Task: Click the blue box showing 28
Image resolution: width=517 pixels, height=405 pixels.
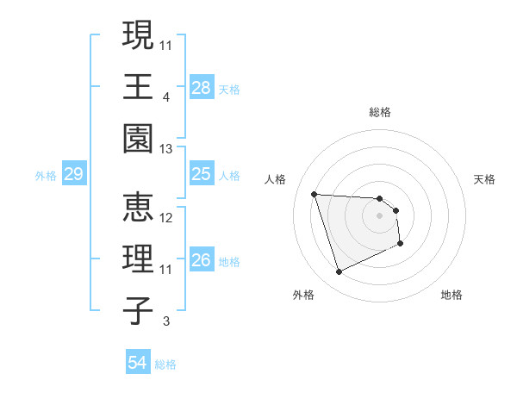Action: pyautogui.click(x=202, y=87)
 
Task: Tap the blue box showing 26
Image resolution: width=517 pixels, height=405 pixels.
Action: pyautogui.click(x=202, y=260)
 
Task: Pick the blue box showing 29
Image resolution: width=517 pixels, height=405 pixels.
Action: pyautogui.click(x=73, y=175)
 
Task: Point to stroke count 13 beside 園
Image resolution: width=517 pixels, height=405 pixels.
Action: pyautogui.click(x=166, y=149)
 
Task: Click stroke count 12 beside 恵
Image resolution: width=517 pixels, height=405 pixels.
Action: pyautogui.click(x=166, y=218)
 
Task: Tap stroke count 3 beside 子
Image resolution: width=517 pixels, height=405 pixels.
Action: pyautogui.click(x=166, y=322)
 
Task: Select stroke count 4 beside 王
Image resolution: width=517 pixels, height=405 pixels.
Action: pyautogui.click(x=165, y=97)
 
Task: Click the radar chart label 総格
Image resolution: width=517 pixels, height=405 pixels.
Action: pyautogui.click(x=380, y=112)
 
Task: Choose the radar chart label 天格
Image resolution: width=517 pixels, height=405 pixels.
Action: pyautogui.click(x=484, y=179)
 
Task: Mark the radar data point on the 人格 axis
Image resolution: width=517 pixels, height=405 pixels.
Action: pyautogui.click(x=315, y=194)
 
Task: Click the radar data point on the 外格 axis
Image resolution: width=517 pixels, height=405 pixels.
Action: pyautogui.click(x=339, y=272)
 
